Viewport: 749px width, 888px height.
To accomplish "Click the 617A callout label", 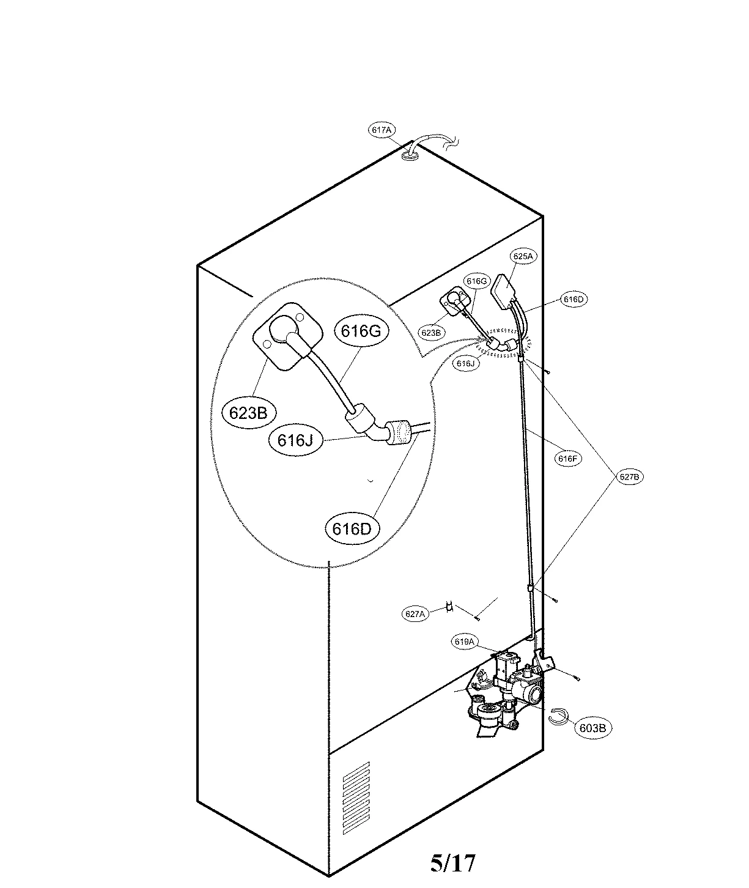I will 382,130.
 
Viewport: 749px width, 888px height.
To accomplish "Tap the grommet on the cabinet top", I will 410,157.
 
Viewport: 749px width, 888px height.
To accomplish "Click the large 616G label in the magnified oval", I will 361,331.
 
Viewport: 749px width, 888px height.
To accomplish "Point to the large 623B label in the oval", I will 248,413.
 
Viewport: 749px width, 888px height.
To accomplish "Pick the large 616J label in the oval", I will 296,440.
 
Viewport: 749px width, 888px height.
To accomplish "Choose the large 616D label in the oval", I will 352,528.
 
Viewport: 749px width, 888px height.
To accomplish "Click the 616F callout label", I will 567,458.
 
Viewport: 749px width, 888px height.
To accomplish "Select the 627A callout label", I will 415,613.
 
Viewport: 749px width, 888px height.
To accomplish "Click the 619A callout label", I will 465,642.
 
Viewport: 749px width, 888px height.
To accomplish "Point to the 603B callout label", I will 592,728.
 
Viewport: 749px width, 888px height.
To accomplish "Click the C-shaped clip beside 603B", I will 559,716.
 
